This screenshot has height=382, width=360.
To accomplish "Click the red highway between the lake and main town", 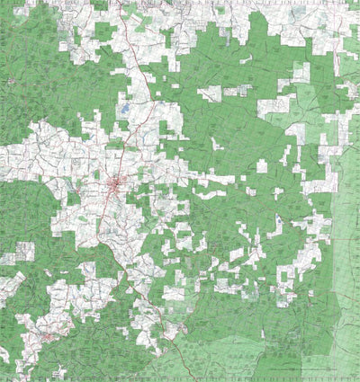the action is [x=127, y=148].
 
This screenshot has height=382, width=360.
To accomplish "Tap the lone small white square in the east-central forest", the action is [x=262, y=165].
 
